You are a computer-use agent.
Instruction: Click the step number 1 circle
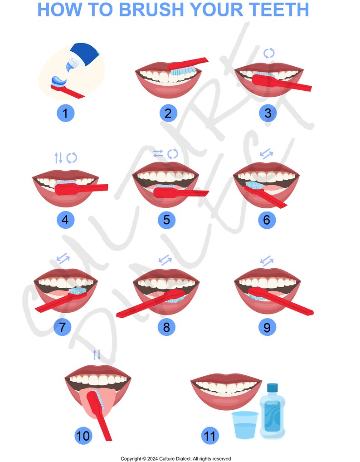(x=65, y=113)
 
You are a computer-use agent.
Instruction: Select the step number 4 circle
(x=65, y=220)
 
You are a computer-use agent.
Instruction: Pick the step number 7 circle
(x=62, y=327)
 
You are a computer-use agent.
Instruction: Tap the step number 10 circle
(x=83, y=436)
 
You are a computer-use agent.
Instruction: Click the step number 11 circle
(x=209, y=436)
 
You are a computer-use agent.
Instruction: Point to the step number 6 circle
(x=267, y=220)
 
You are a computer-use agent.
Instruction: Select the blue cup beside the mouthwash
(x=245, y=425)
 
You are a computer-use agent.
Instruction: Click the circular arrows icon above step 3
(x=269, y=53)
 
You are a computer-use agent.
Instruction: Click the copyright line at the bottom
(x=175, y=458)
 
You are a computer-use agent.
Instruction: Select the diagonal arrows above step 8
(x=165, y=260)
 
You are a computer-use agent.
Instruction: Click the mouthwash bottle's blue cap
(x=272, y=388)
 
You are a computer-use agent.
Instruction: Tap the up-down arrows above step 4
(x=58, y=158)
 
